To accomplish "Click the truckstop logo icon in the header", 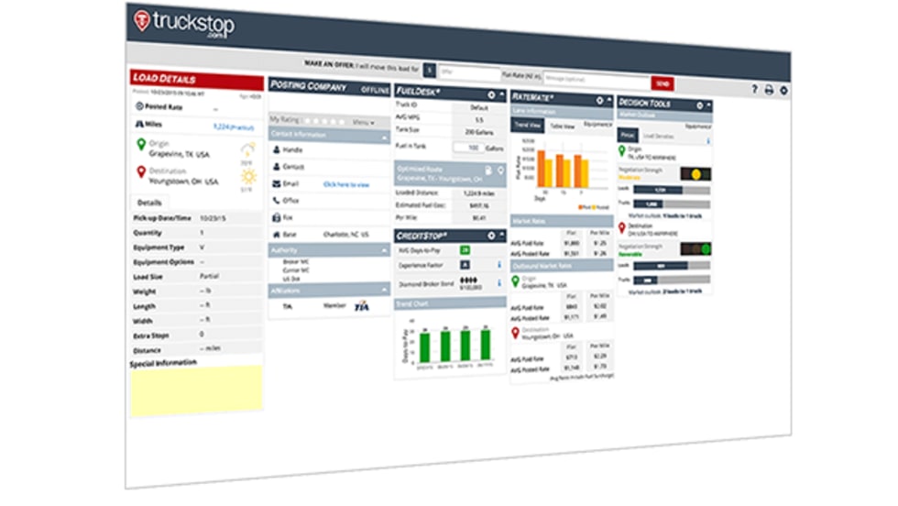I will pos(142,20).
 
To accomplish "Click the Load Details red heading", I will pos(165,78).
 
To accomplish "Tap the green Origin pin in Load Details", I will pos(140,145).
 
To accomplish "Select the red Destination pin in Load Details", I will pos(140,170).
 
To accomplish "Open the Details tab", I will pos(150,202).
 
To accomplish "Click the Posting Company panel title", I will pos(308,87).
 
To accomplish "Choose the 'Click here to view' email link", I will pos(346,184).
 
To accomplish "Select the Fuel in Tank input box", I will pos(472,148).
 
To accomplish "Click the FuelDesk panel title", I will pos(420,93).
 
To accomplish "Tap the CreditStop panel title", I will pos(422,236).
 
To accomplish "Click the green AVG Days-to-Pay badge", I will pos(465,249).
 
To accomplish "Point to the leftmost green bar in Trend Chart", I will pos(424,347).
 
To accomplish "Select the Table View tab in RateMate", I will pos(562,126).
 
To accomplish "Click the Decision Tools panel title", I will pos(645,104).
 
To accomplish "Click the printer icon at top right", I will pos(769,90).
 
